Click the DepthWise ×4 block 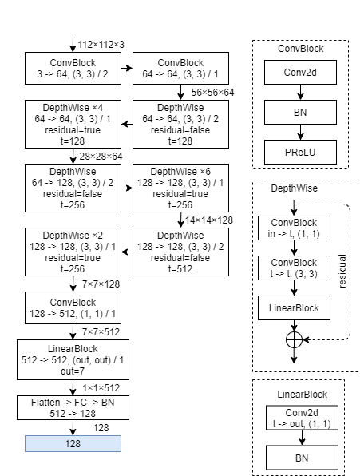click(73, 125)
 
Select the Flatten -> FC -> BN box click(73, 407)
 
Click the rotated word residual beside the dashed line click(343, 272)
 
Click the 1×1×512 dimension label click(100, 387)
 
